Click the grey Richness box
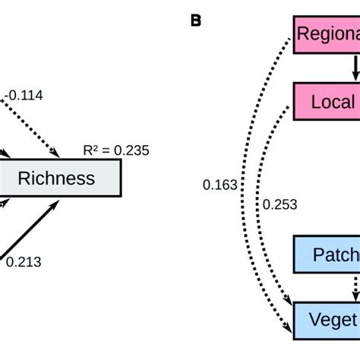(58, 178)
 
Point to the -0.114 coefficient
(25, 95)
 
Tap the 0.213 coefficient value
(24, 263)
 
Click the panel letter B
(195, 20)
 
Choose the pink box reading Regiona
(326, 34)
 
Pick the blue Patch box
(326, 255)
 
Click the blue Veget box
(326, 319)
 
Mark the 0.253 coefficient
(279, 204)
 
